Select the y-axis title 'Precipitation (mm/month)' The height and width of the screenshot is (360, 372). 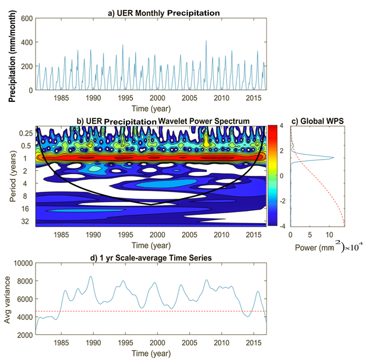(x=12, y=54)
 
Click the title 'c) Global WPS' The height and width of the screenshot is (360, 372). (x=318, y=121)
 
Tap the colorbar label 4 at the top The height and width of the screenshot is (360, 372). (x=281, y=126)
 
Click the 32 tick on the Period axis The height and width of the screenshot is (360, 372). (x=26, y=221)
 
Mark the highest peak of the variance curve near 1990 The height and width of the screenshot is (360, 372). (x=90, y=277)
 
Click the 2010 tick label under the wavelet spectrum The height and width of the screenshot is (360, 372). (x=221, y=235)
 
